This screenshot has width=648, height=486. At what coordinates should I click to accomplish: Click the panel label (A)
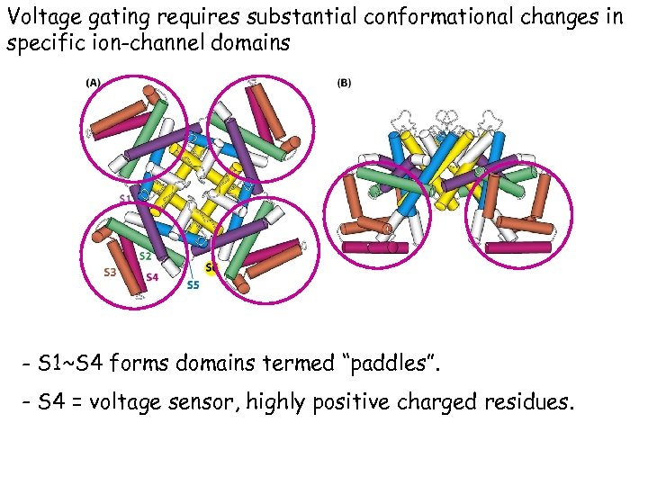point(93,83)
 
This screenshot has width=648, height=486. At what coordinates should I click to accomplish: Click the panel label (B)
point(344,83)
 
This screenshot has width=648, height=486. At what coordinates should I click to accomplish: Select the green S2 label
point(145,256)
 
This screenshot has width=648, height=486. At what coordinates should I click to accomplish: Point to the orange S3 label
point(110,271)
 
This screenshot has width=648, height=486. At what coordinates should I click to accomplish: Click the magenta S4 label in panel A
point(152,277)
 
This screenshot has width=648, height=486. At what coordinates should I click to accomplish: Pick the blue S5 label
point(193,285)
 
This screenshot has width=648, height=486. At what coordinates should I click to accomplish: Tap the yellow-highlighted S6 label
point(212,267)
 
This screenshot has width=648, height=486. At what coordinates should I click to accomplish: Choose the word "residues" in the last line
point(524,402)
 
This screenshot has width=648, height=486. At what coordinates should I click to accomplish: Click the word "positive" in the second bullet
point(348,402)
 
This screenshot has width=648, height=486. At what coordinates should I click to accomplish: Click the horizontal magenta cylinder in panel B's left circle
point(365,247)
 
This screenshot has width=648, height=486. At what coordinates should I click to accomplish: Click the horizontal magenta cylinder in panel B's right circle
point(517,247)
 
